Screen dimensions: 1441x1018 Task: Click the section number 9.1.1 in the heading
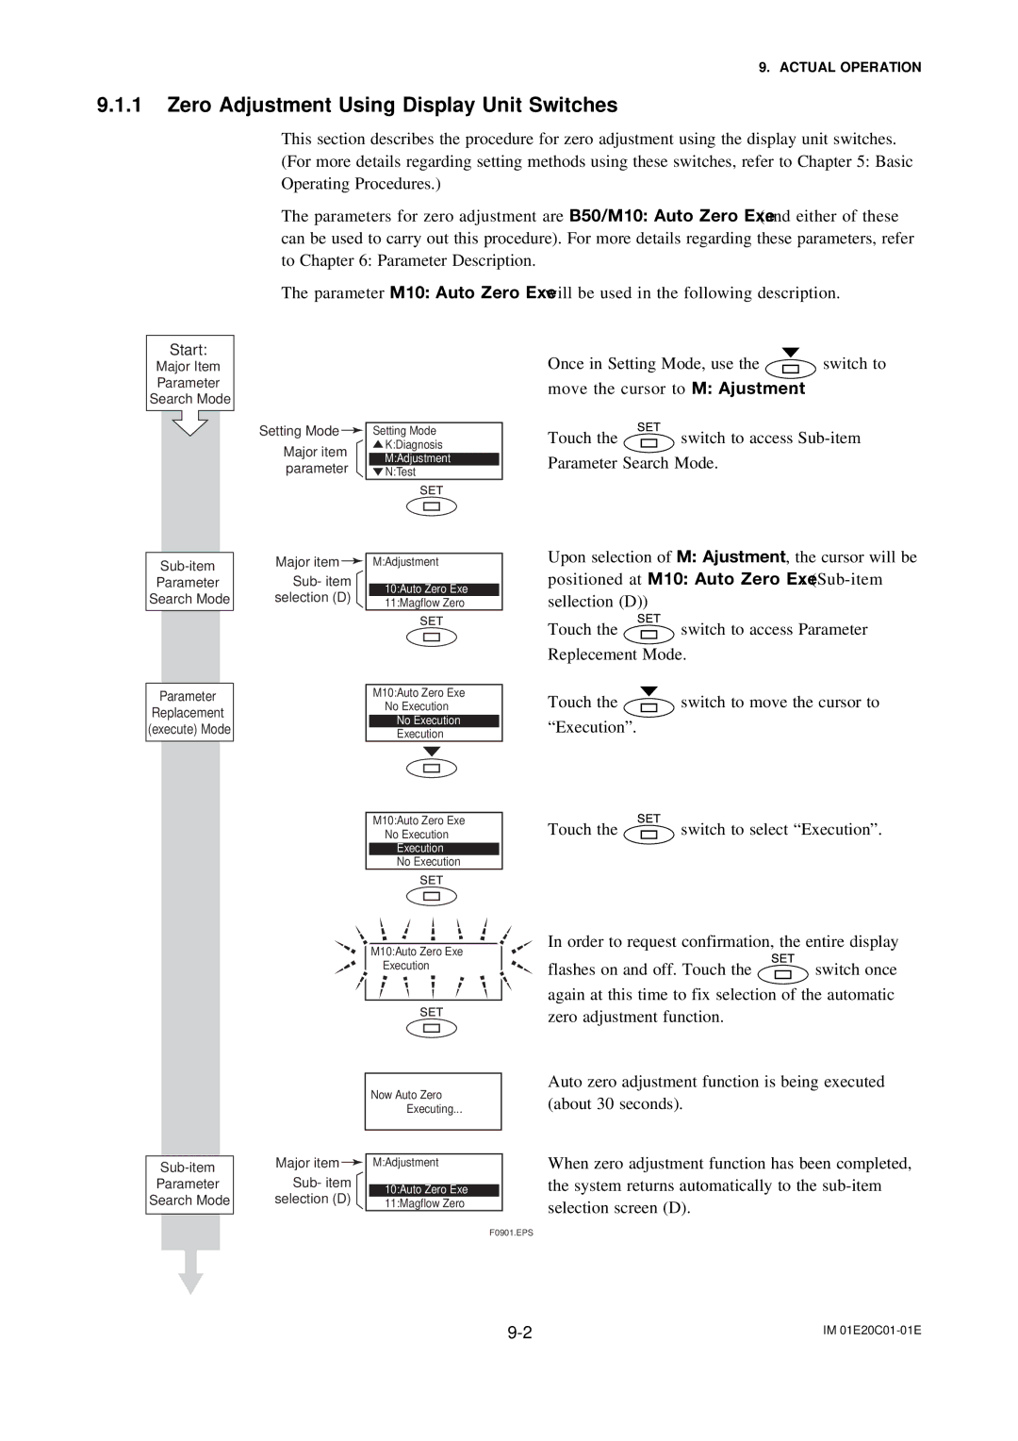tap(119, 105)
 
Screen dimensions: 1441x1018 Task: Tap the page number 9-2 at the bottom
tap(519, 1332)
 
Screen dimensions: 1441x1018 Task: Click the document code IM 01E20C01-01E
tap(872, 1330)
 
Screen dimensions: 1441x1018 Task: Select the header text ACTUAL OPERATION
tap(849, 67)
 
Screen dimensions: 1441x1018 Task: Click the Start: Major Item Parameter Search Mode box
tap(189, 373)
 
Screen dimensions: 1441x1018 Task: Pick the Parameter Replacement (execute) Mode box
tap(189, 713)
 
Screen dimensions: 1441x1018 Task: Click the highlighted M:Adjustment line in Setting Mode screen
tap(434, 458)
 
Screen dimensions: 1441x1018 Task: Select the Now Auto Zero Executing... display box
tap(433, 1101)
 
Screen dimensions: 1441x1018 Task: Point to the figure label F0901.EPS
tap(511, 1233)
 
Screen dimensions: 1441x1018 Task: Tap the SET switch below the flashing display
tap(432, 1028)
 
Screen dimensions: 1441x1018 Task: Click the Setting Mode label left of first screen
tap(299, 431)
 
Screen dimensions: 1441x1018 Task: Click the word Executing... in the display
tap(435, 1109)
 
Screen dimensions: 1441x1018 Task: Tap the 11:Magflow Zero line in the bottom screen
tap(424, 1203)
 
